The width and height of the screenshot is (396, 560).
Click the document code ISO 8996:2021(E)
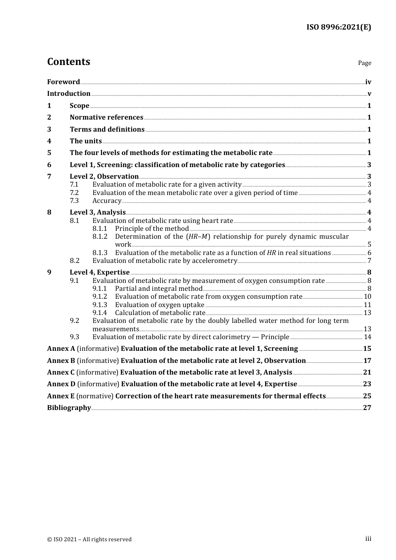pyautogui.click(x=338, y=27)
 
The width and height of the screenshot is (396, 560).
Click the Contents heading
pyautogui.click(x=68, y=62)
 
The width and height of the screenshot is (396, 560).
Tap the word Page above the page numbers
pyautogui.click(x=364, y=63)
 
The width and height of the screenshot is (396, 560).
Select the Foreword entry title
pyautogui.click(x=63, y=82)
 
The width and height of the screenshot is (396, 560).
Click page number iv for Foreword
pyautogui.click(x=368, y=82)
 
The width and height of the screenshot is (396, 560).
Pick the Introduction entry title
pyautogui.click(x=69, y=94)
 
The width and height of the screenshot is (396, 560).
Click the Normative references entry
pyautogui.click(x=106, y=117)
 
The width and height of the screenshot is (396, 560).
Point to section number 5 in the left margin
pyautogui.click(x=49, y=153)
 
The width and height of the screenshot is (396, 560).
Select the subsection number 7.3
pyautogui.click(x=74, y=201)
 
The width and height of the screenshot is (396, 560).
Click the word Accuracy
pyautogui.click(x=107, y=201)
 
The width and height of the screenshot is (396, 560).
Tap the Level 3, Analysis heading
pyautogui.click(x=98, y=212)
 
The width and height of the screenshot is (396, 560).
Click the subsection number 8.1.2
pyautogui.click(x=100, y=237)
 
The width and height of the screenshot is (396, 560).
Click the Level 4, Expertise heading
pyautogui.click(x=100, y=272)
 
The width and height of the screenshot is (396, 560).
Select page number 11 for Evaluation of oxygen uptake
pyautogui.click(x=367, y=305)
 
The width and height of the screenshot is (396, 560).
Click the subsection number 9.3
pyautogui.click(x=74, y=337)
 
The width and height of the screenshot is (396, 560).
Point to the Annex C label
pyautogui.click(x=61, y=372)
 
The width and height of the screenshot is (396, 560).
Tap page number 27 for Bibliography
pyautogui.click(x=367, y=408)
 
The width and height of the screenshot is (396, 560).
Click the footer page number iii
pyautogui.click(x=368, y=539)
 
